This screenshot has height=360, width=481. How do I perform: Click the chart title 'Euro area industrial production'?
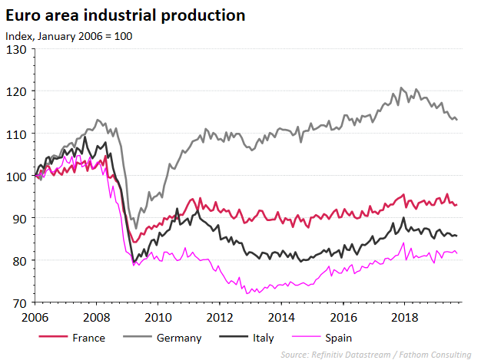pyautogui.click(x=125, y=15)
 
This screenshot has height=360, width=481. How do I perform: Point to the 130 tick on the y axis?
pyautogui.click(x=17, y=49)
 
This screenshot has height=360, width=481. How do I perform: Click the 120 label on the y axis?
pyautogui.click(x=17, y=91)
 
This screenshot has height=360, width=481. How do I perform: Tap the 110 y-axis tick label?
pyautogui.click(x=17, y=134)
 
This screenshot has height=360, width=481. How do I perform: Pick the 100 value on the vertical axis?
pyautogui.click(x=17, y=176)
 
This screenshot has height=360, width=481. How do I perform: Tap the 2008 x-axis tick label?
pyautogui.click(x=95, y=317)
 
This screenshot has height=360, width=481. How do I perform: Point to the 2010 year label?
pyautogui.click(x=158, y=317)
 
